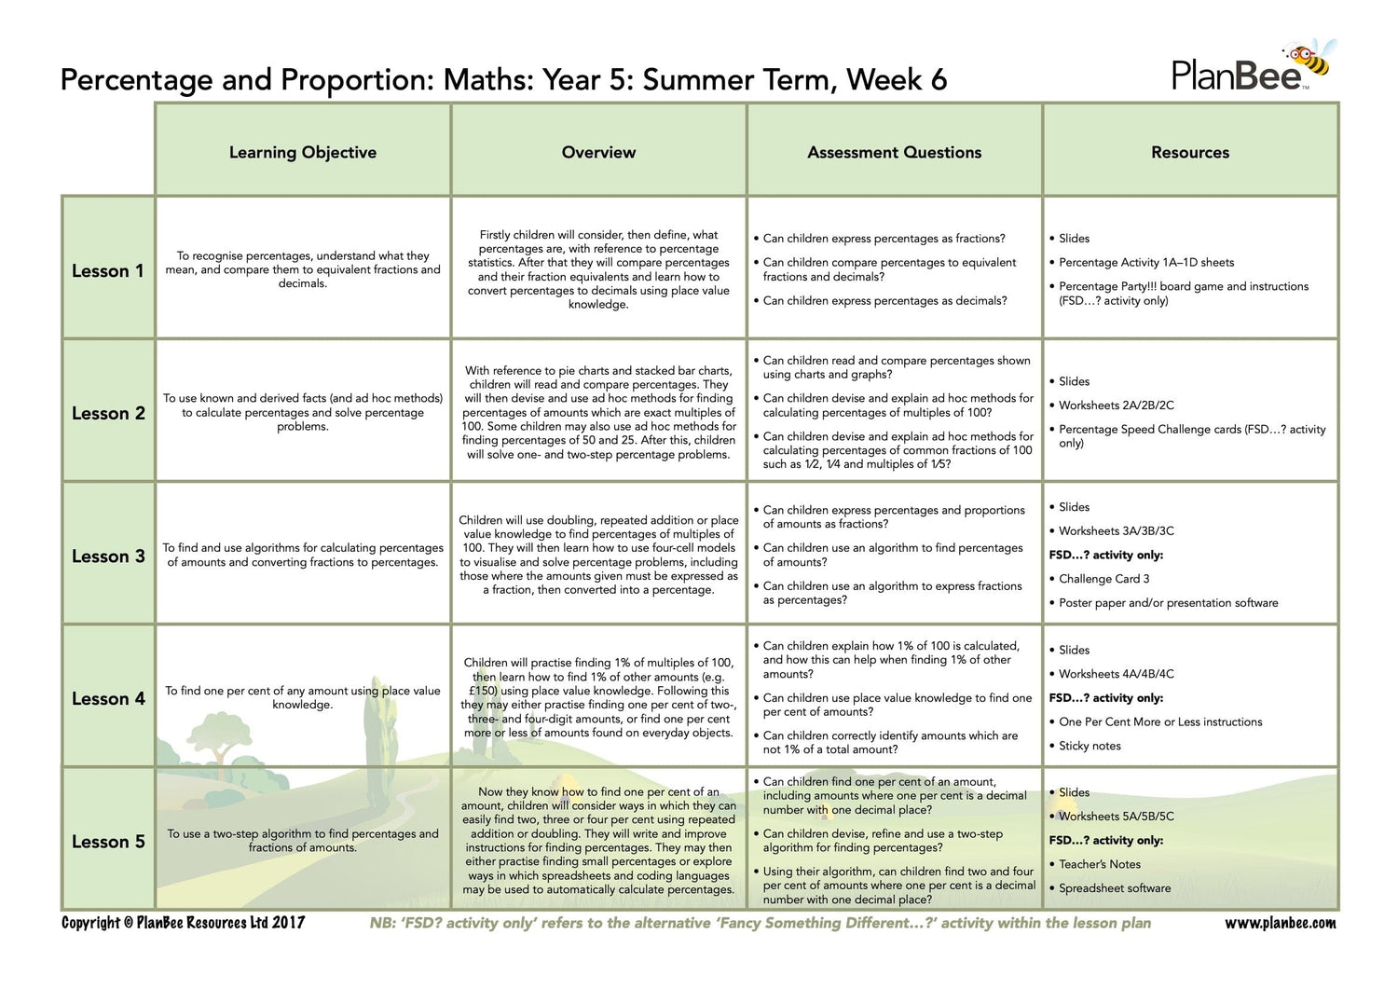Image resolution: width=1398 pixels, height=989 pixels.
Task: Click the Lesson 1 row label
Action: point(108,271)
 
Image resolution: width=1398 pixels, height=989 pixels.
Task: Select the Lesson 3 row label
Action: point(108,556)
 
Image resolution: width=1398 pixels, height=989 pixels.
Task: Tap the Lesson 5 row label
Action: point(108,842)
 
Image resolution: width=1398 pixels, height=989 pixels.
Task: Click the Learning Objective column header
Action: point(303,152)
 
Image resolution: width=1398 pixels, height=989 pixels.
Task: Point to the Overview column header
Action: point(598,152)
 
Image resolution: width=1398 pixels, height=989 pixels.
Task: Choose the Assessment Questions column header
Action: point(894,152)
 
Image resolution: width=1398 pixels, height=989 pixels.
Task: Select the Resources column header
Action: point(1190,152)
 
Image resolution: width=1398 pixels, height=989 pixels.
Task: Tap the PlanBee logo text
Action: point(1236,76)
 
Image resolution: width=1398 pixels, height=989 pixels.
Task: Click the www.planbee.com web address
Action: point(1280,923)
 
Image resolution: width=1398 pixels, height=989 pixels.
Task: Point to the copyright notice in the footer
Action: point(183,923)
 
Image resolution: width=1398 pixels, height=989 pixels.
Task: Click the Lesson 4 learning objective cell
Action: point(303,697)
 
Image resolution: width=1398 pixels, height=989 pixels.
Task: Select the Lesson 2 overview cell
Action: point(598,412)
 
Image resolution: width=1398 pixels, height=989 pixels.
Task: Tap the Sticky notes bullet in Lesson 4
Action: point(1090,746)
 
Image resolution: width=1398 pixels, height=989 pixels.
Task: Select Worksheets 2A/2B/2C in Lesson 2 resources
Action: point(1116,405)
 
